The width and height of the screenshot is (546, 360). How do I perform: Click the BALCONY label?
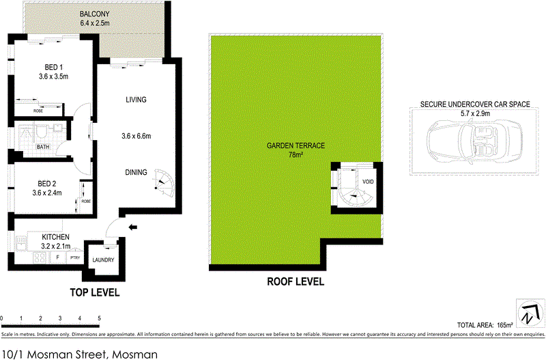point(94,14)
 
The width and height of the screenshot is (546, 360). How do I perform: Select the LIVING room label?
point(136,100)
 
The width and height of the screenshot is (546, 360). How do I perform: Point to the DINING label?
point(136,172)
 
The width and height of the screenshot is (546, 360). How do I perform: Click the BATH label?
point(43,147)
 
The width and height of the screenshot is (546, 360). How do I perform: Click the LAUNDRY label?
point(103,260)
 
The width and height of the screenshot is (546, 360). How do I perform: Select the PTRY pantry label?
point(75,258)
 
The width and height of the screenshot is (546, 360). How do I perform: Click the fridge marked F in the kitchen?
point(58,258)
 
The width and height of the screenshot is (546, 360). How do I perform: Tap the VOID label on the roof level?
point(369,182)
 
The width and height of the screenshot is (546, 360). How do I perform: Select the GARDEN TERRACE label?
point(296,146)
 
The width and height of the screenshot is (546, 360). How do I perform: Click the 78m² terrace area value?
point(296,154)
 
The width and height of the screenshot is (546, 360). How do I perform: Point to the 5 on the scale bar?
point(100,319)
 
